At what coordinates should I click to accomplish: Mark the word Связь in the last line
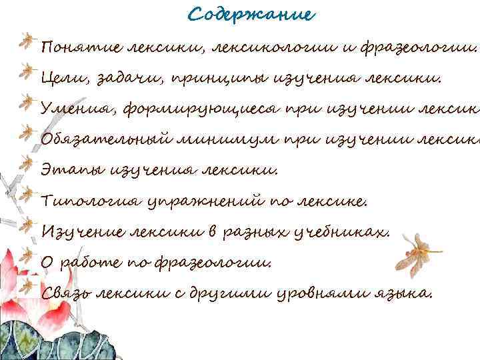(x=65, y=293)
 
